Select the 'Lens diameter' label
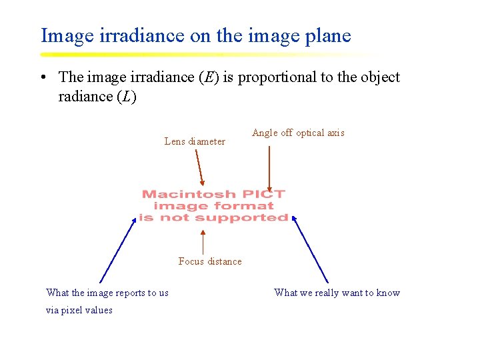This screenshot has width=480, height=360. (195, 141)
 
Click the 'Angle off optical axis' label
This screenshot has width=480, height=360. (298, 133)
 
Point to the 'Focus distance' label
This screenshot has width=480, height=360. (210, 261)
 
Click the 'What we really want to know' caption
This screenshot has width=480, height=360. (337, 293)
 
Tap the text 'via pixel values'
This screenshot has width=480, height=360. (79, 310)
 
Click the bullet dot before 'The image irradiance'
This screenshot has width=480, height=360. (42, 78)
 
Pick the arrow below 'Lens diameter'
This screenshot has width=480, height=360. (199, 167)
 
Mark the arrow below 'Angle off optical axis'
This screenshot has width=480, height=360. (269, 169)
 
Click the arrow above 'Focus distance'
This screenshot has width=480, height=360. (203, 241)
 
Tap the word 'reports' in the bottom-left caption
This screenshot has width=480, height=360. (131, 293)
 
